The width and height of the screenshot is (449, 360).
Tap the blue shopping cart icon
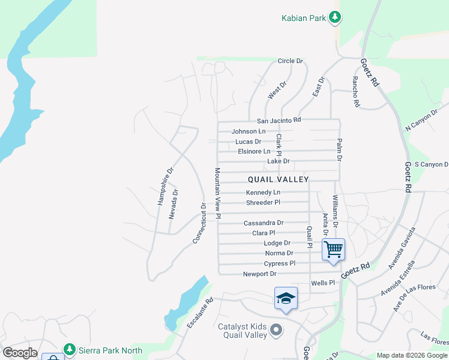point(333,248)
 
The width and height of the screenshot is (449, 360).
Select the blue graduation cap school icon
point(286,298)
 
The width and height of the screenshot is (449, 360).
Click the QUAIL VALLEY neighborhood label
point(279,179)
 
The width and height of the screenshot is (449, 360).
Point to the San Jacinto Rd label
point(279,121)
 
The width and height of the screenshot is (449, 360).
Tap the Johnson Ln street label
point(248,131)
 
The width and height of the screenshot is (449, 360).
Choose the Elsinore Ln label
point(254,151)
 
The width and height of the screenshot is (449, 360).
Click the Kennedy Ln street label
point(263,193)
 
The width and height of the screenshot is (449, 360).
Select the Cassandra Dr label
point(264,223)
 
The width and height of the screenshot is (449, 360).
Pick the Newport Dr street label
point(259,274)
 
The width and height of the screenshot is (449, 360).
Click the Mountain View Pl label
point(218,193)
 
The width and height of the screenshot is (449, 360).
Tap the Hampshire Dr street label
point(165,186)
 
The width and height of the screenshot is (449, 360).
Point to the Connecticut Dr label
point(199,223)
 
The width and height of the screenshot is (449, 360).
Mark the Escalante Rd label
point(200,314)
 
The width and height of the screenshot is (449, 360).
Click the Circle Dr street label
point(291,61)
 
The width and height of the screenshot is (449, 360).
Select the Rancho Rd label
point(356,92)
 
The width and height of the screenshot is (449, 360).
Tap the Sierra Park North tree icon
point(70,349)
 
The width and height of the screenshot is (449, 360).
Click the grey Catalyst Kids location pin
point(276,329)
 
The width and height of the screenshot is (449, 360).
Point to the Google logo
point(20,353)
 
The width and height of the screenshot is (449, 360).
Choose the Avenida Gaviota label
point(402,248)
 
